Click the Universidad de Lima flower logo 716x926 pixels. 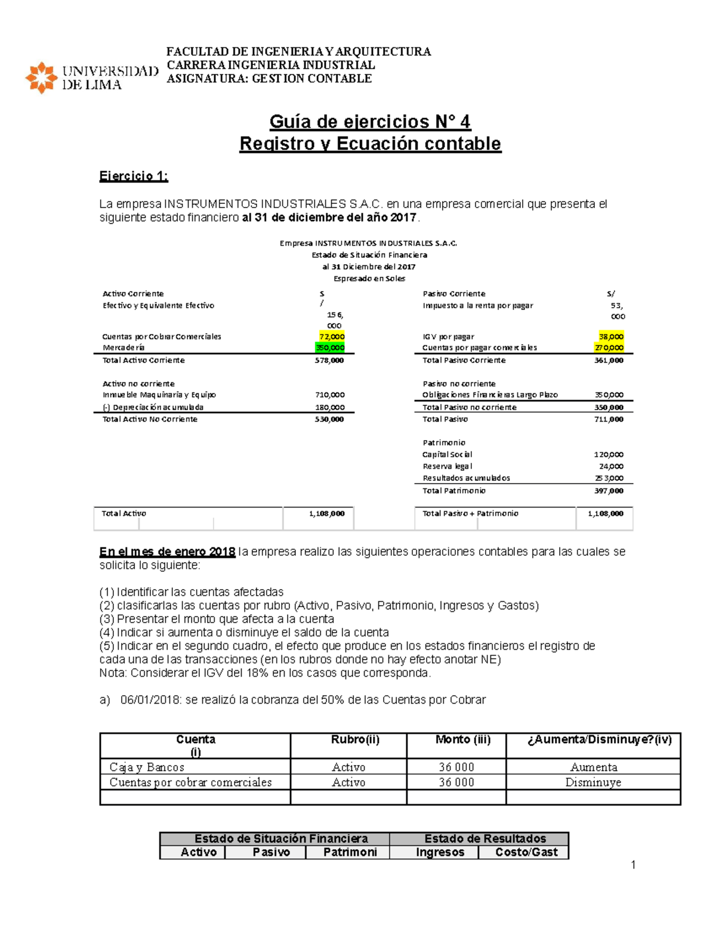(41, 78)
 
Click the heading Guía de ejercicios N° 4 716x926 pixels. (370, 122)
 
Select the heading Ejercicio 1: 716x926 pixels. (134, 176)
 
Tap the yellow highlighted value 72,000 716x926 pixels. (332, 336)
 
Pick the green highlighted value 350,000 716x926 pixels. (330, 348)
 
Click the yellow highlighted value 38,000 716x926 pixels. (611, 336)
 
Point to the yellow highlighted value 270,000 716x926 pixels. (609, 348)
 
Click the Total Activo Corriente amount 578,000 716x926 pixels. (329, 360)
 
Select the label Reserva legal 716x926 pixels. (447, 466)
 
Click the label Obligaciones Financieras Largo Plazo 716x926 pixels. (490, 395)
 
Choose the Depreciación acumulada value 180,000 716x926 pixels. (329, 407)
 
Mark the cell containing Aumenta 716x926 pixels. (593, 767)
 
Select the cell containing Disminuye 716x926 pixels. (593, 782)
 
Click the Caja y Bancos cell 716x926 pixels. (147, 767)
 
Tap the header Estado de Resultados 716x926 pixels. (484, 838)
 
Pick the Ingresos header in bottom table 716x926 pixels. (440, 852)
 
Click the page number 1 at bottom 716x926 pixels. (633, 865)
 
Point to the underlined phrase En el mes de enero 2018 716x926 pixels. (167, 552)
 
